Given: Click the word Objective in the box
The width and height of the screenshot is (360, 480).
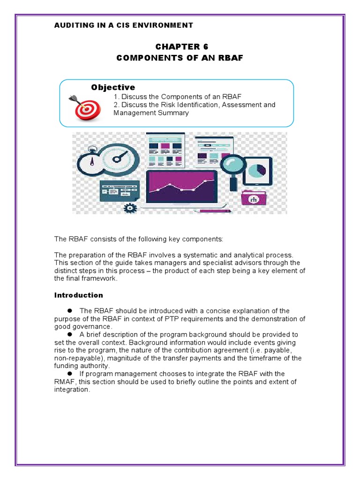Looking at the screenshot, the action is click(113, 87).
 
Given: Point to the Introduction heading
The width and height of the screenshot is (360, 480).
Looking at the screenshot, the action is click(78, 295).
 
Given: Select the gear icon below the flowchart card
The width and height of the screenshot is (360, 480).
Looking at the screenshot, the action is click(130, 207).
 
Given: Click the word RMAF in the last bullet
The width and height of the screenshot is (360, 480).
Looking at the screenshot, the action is click(65, 382).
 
